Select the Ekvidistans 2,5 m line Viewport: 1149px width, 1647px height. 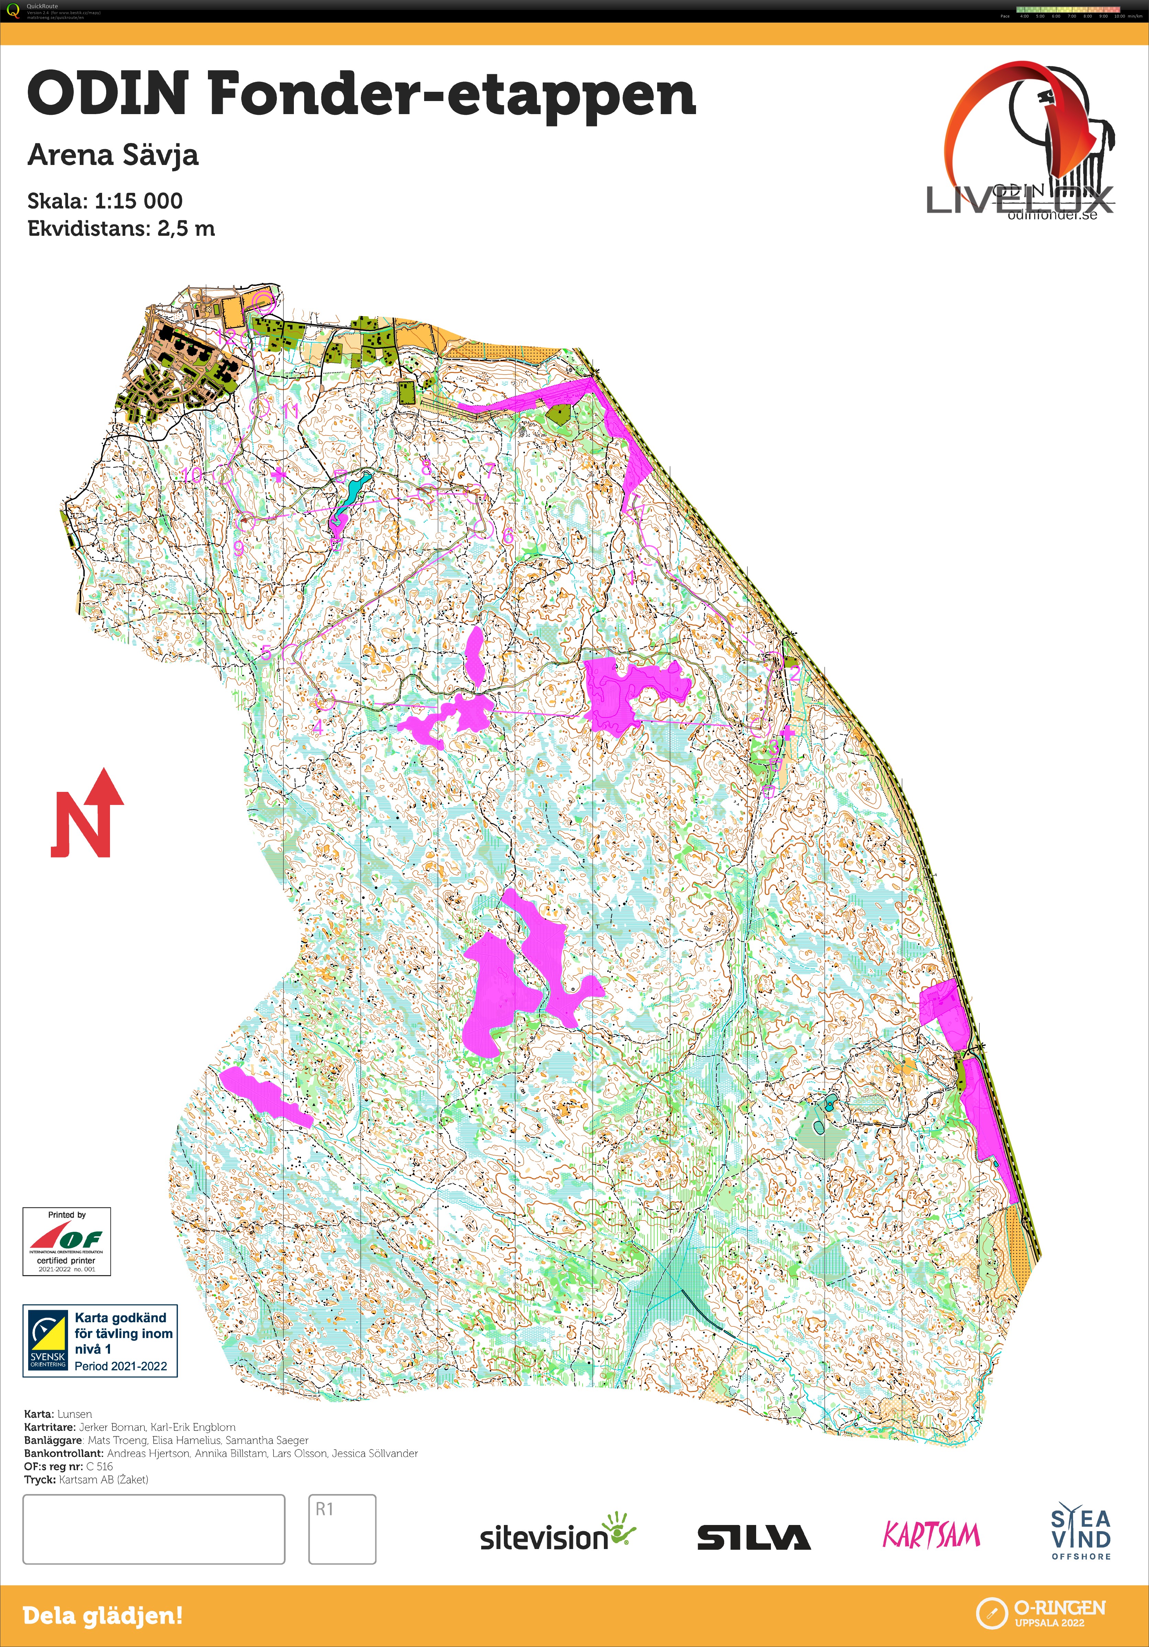point(121,229)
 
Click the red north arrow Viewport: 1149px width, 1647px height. point(88,814)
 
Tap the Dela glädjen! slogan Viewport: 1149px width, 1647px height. point(102,1616)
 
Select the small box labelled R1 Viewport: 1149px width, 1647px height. point(342,1529)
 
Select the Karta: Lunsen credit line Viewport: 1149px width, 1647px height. point(58,1414)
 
